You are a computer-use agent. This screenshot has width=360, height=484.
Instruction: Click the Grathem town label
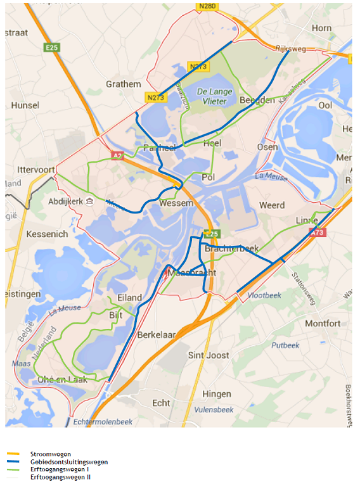click(124, 84)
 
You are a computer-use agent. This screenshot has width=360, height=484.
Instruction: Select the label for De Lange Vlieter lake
click(215, 95)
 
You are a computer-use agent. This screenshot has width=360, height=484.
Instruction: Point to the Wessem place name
click(177, 203)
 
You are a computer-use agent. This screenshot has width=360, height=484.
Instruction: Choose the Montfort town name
click(323, 323)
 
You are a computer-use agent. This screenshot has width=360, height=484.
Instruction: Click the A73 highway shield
click(318, 233)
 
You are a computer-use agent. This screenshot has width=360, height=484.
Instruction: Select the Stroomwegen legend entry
click(50, 454)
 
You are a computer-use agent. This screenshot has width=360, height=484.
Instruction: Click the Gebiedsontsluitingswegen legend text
click(69, 462)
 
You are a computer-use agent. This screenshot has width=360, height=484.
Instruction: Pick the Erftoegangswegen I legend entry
click(59, 469)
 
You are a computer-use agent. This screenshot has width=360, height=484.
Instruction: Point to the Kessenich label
click(47, 234)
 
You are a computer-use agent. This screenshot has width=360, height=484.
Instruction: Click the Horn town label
click(321, 28)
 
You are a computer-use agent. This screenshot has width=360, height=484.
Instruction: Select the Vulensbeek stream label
click(214, 410)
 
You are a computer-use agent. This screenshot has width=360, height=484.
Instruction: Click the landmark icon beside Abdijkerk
click(90, 201)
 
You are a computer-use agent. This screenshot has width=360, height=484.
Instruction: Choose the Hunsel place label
click(25, 105)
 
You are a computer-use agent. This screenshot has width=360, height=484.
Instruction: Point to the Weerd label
click(272, 205)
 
